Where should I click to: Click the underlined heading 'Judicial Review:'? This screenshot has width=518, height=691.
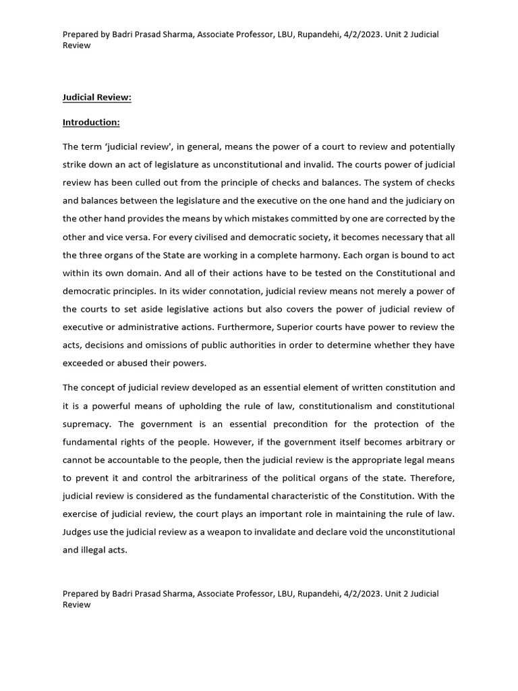(x=96, y=98)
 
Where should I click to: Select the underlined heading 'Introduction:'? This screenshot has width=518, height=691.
(x=91, y=122)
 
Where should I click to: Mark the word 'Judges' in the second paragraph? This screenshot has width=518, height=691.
(x=77, y=532)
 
